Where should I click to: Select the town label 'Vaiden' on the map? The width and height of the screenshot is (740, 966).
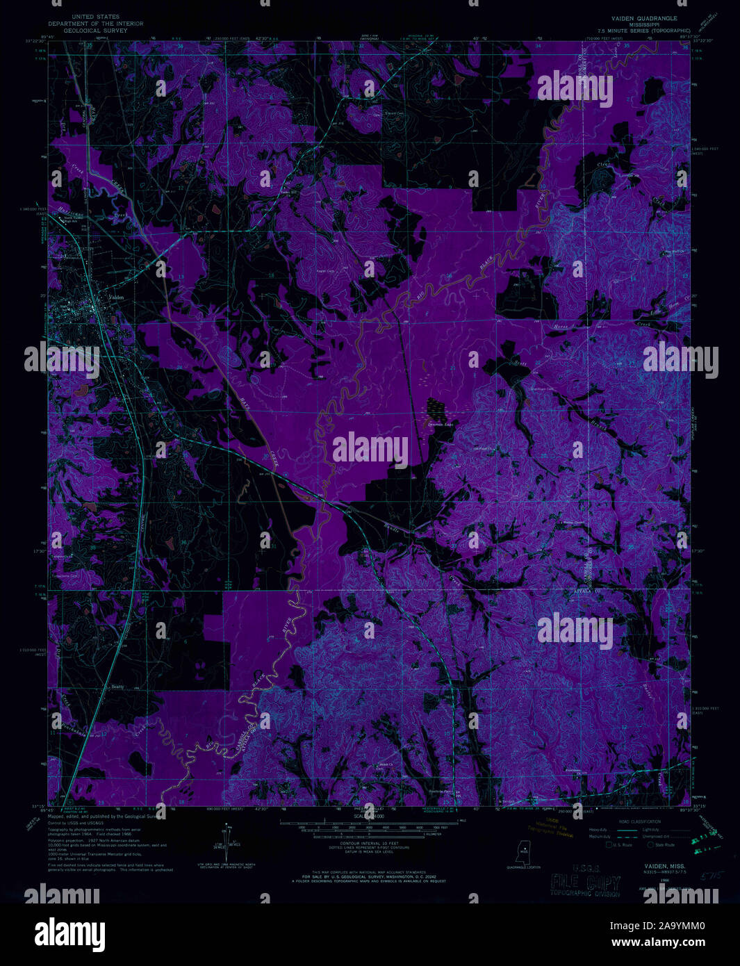[x=115, y=299]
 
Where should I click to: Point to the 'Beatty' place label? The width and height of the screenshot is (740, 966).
[x=117, y=687]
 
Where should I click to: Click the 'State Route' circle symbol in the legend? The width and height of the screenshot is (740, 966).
[x=651, y=846]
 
